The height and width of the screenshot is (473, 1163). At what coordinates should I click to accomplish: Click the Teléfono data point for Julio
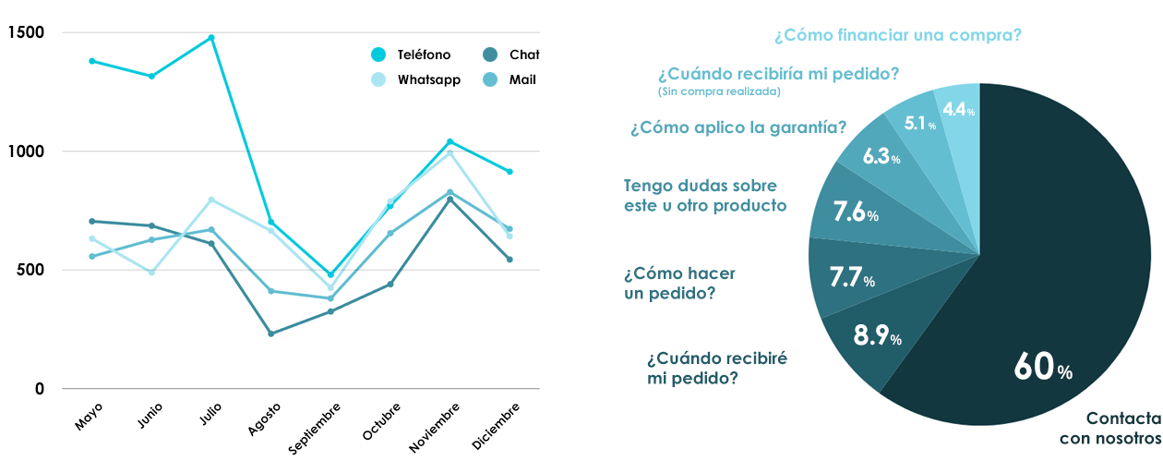tap(211, 38)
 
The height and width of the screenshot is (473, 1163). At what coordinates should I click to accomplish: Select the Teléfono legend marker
tap(378, 55)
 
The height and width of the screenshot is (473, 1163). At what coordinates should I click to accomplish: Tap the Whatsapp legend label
tap(429, 79)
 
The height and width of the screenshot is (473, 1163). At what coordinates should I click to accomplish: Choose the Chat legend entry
tap(512, 55)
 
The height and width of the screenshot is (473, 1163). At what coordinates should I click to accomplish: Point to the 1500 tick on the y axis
tap(26, 32)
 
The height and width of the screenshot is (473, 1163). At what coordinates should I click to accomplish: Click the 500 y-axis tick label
tap(30, 270)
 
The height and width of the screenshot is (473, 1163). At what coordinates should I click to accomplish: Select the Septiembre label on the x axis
tap(315, 429)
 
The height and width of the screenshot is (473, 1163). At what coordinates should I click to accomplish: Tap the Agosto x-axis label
tap(264, 418)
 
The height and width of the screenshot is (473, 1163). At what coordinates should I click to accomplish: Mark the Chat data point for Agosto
tap(271, 334)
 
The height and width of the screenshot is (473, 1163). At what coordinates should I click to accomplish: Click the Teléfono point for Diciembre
tap(510, 172)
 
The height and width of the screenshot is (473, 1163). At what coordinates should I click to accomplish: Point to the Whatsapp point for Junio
tap(151, 273)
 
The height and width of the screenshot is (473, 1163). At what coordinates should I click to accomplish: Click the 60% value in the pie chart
tap(1043, 367)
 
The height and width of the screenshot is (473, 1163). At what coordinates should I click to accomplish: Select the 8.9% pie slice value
tap(878, 335)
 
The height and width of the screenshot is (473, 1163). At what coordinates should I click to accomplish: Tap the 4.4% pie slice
tap(958, 110)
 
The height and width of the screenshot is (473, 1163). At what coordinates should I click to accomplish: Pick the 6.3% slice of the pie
tap(881, 156)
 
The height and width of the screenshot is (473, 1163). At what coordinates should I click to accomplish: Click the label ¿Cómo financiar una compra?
tap(898, 35)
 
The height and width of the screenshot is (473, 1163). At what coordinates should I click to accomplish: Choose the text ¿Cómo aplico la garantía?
tap(738, 127)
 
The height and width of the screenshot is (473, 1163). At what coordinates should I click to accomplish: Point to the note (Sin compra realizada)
tap(719, 91)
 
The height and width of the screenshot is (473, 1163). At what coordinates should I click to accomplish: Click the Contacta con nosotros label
tap(1110, 429)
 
